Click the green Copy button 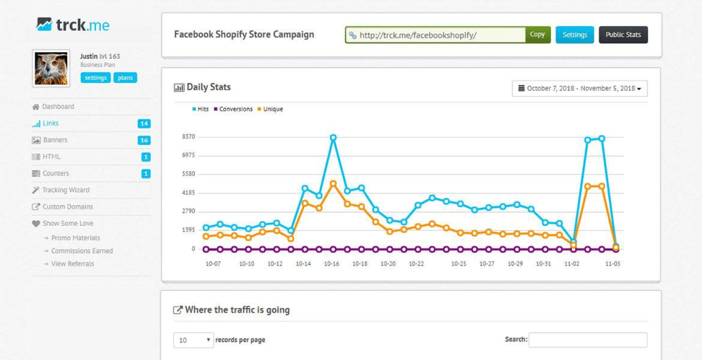click(x=537, y=35)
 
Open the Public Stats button click(x=623, y=35)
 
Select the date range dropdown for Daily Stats click(x=580, y=89)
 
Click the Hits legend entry click(x=200, y=109)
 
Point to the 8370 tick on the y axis click(x=188, y=137)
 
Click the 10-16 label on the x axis click(x=331, y=264)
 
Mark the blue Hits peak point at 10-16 click(x=333, y=138)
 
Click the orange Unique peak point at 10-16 click(x=333, y=184)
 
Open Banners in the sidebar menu click(x=55, y=140)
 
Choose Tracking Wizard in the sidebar click(x=65, y=190)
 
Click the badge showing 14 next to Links click(x=144, y=124)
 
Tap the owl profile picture click(x=51, y=68)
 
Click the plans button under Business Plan click(x=125, y=78)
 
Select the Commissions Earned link click(x=82, y=251)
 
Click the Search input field click(x=588, y=340)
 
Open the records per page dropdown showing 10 click(x=194, y=340)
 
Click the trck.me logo click(x=73, y=24)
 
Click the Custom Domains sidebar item click(x=67, y=207)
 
